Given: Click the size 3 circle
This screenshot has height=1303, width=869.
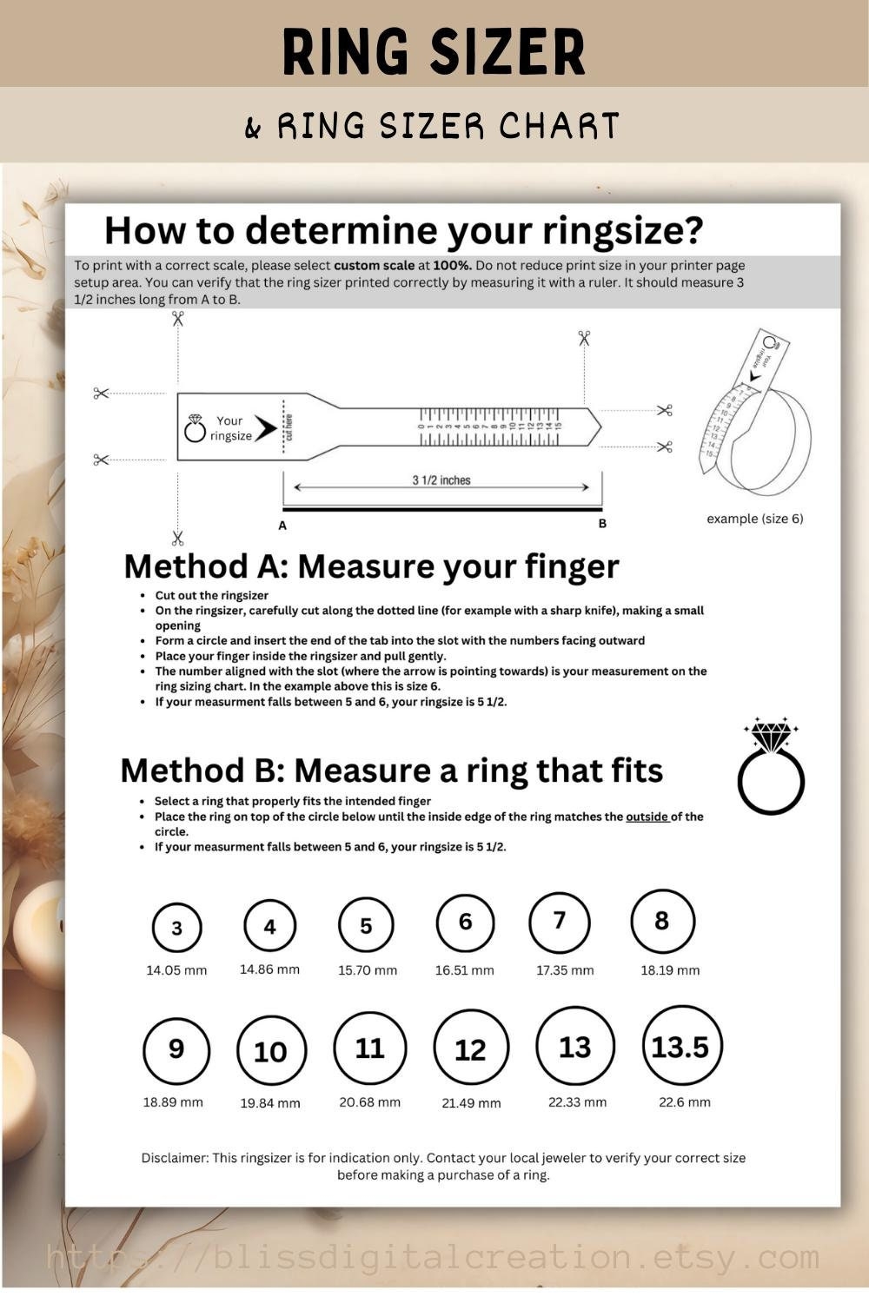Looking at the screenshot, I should click(176, 928).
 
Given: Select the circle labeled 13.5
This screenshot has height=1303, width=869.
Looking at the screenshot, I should click(681, 1046).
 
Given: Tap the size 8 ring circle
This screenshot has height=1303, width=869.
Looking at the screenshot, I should click(662, 921).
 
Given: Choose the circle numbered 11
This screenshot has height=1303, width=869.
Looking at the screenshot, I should click(369, 1048).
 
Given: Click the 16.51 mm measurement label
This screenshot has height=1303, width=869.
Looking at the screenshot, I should click(464, 970).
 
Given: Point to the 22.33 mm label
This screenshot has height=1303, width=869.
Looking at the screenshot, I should click(577, 1102).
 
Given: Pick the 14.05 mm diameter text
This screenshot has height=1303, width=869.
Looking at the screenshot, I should click(176, 970).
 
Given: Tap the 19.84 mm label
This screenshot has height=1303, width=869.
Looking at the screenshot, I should click(270, 1103).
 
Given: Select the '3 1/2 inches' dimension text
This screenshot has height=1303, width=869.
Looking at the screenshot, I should click(441, 480).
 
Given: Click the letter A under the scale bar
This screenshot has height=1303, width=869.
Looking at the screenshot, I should click(282, 526).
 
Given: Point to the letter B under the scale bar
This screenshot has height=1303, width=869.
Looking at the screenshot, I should click(602, 524).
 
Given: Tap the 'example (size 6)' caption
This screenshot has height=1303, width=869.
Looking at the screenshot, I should click(754, 519).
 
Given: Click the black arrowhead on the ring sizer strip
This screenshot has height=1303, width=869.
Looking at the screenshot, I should click(265, 428).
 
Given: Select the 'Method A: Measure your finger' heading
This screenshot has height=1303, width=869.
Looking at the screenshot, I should click(371, 566).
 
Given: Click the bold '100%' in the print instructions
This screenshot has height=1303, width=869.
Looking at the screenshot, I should click(452, 266).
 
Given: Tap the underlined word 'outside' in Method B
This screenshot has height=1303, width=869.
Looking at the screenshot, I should click(647, 817).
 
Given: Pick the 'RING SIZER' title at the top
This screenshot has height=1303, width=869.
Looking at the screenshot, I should click(434, 52).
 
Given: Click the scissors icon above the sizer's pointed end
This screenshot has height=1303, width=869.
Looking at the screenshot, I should click(584, 338).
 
